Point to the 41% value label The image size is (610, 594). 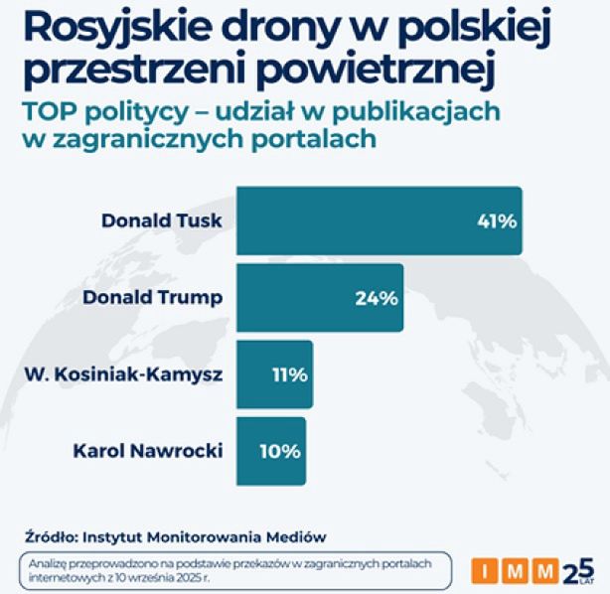click(496, 221)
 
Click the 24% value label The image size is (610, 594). click(377, 297)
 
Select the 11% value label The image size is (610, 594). click(289, 374)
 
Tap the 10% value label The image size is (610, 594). click(280, 451)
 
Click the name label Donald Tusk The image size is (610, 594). click(162, 220)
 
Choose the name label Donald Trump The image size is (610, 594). click(152, 296)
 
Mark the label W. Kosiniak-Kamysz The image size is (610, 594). click(122, 373)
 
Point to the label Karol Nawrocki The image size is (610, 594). click(148, 450)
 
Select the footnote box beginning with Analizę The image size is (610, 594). click(238, 569)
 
